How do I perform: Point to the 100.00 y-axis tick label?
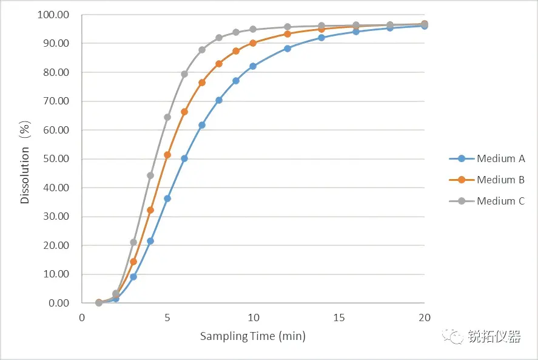click(x=53, y=15)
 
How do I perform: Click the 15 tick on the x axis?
click(x=339, y=317)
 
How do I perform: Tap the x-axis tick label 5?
click(x=167, y=317)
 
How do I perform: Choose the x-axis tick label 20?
click(x=425, y=317)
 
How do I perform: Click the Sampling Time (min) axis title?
click(x=253, y=336)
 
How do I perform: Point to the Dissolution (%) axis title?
click(x=25, y=159)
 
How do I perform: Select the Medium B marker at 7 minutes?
click(x=202, y=83)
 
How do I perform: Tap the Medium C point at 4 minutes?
click(x=150, y=175)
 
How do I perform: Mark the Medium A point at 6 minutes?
click(x=184, y=158)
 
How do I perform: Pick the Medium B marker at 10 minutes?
click(x=253, y=43)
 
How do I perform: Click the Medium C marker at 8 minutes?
click(x=219, y=38)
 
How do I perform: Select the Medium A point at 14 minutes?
click(x=321, y=38)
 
